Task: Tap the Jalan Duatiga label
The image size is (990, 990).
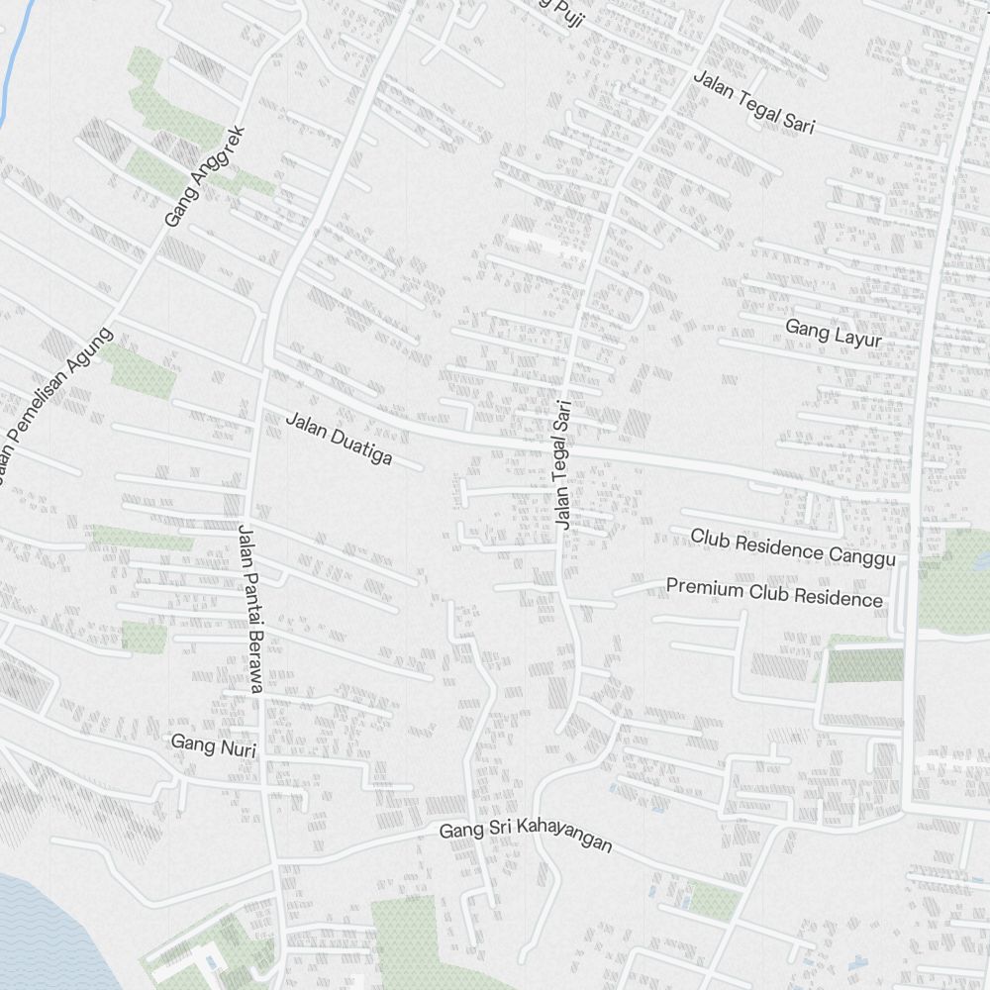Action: (339, 439)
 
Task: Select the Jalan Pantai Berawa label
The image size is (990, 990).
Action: (248, 609)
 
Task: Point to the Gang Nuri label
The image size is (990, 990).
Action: (213, 745)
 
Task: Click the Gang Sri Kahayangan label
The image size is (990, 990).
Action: (526, 836)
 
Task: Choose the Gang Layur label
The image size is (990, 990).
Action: (833, 334)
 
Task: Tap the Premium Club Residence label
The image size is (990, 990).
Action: (773, 592)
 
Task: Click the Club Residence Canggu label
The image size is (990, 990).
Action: (792, 547)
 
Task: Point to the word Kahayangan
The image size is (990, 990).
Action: (567, 840)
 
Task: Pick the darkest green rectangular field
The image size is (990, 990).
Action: (864, 665)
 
